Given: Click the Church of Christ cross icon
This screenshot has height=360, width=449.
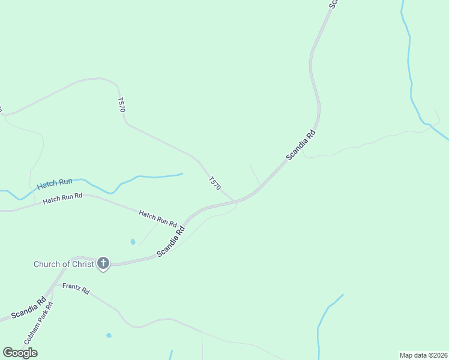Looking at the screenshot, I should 103,263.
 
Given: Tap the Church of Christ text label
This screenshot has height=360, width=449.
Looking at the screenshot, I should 64,264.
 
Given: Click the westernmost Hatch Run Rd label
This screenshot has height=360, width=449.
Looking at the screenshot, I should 62,198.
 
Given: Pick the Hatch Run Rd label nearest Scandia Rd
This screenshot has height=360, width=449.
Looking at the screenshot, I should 157,217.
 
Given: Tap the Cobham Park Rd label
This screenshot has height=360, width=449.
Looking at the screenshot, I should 39,322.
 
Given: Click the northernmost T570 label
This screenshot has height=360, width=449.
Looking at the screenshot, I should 121,104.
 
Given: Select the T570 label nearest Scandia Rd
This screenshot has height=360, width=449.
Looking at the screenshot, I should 214,184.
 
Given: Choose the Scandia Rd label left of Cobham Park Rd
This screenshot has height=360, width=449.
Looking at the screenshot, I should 28,308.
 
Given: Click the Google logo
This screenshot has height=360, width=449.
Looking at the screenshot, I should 20,353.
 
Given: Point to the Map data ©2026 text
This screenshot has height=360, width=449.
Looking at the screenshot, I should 423,355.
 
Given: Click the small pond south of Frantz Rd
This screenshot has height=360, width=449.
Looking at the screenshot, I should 109,335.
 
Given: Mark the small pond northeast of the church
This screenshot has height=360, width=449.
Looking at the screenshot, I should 133,242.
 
